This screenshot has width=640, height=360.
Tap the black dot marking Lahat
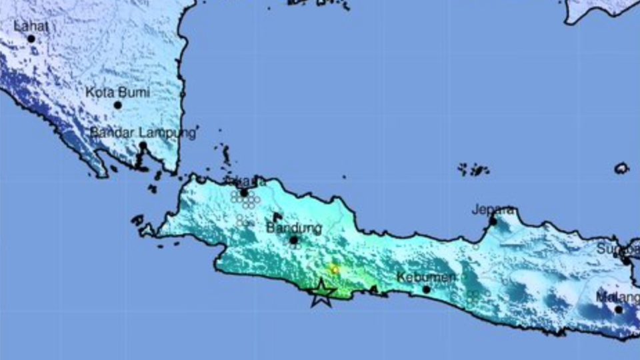31,39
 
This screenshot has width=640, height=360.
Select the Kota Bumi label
117,92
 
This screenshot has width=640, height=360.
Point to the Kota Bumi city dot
118,105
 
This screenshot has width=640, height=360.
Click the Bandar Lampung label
143,132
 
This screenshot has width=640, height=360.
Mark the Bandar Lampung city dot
143,145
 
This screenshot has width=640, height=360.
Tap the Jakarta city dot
245,193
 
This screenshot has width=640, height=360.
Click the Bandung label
294,228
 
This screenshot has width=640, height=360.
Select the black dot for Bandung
293,240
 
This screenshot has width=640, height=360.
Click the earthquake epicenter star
321,293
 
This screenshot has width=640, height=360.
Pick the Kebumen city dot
427,289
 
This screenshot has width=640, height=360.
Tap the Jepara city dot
493,221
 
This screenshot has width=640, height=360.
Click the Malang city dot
619,309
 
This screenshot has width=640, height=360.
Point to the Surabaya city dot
627,261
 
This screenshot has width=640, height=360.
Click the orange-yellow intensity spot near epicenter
335,269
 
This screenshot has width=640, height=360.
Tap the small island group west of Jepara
473,169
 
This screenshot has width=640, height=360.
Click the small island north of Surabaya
621,168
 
